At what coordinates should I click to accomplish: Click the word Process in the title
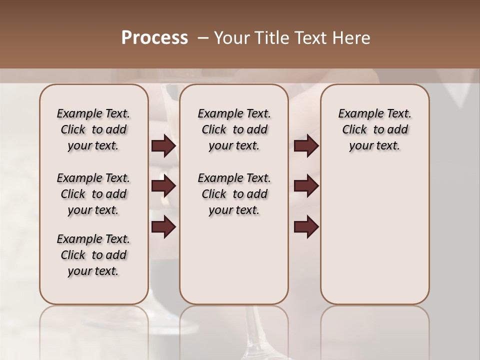pos(154,38)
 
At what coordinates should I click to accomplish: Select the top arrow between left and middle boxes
pos(163,146)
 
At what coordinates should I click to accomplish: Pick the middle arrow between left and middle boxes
pos(163,186)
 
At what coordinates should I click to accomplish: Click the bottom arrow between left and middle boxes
pos(163,226)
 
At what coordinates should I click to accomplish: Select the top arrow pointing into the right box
pos(306,146)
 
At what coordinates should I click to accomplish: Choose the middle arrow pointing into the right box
pos(306,186)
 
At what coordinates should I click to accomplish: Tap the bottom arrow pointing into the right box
pos(306,226)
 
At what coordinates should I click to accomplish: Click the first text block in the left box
pos(93,129)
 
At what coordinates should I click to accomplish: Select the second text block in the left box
pos(93,194)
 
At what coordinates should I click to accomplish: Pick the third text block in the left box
pos(93,255)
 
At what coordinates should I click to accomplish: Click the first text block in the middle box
pos(234,129)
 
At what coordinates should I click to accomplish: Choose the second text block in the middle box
pos(234,194)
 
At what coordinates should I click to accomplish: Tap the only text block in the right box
pos(374,129)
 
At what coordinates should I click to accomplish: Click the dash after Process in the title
pos(202,38)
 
